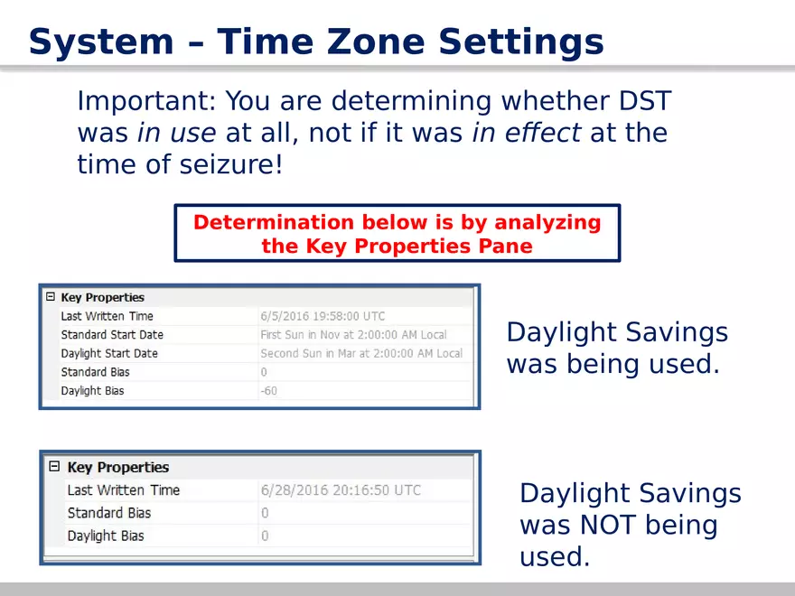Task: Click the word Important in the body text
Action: click(146, 101)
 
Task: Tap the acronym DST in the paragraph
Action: click(645, 100)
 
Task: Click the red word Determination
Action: click(274, 222)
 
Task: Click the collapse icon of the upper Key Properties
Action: click(51, 296)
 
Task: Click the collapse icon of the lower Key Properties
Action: click(54, 466)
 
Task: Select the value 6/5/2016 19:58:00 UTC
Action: click(323, 316)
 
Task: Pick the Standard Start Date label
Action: click(112, 334)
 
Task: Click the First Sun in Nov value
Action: click(353, 334)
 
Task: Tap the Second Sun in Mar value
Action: click(361, 353)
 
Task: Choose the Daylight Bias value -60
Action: click(268, 391)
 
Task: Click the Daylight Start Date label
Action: click(109, 353)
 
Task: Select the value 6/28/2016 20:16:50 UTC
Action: click(341, 490)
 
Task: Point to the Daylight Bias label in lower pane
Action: click(106, 535)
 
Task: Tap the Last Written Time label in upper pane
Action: click(107, 316)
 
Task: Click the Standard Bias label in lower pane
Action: click(109, 513)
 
